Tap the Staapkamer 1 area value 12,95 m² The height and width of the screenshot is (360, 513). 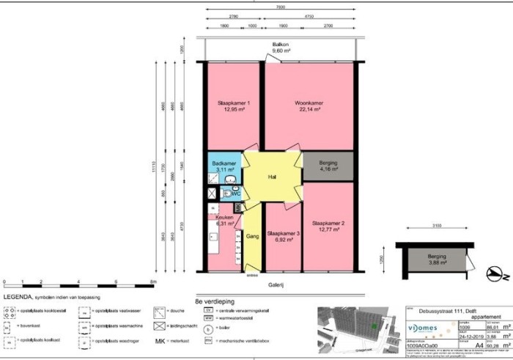(234, 109)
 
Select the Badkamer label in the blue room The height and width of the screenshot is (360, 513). (222, 163)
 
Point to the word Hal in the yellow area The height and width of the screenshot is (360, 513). (272, 177)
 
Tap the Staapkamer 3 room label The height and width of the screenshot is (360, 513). (283, 233)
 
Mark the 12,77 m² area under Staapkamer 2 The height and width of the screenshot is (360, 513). (328, 229)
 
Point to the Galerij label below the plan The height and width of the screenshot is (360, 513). (276, 284)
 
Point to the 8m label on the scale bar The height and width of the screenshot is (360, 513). (152, 281)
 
